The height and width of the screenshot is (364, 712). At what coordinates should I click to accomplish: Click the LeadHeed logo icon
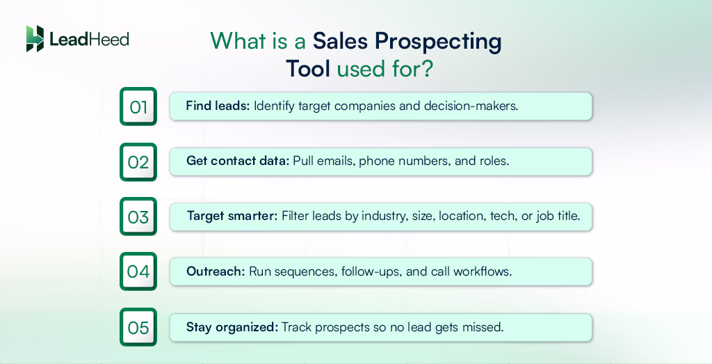(x=35, y=39)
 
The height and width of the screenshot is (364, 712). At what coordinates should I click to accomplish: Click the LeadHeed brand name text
(x=89, y=40)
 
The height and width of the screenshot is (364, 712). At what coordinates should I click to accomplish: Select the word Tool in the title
(x=308, y=70)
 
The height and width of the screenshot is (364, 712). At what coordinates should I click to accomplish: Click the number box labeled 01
(x=138, y=106)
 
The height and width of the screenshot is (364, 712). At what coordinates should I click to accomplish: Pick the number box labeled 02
(x=138, y=162)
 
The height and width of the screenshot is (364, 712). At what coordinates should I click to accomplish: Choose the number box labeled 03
(x=138, y=217)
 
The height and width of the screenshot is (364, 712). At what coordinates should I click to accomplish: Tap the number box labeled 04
(x=138, y=271)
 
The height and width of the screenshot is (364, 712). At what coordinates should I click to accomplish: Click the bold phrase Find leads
(x=218, y=106)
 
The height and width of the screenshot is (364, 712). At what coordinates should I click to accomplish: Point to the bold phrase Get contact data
(x=237, y=161)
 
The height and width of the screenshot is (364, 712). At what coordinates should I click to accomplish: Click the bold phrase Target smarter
(x=232, y=216)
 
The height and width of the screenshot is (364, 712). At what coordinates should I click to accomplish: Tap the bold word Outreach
(x=216, y=271)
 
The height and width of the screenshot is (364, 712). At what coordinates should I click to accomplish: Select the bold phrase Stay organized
(x=232, y=326)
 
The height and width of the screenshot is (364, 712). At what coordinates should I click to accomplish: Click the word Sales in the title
(x=339, y=42)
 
